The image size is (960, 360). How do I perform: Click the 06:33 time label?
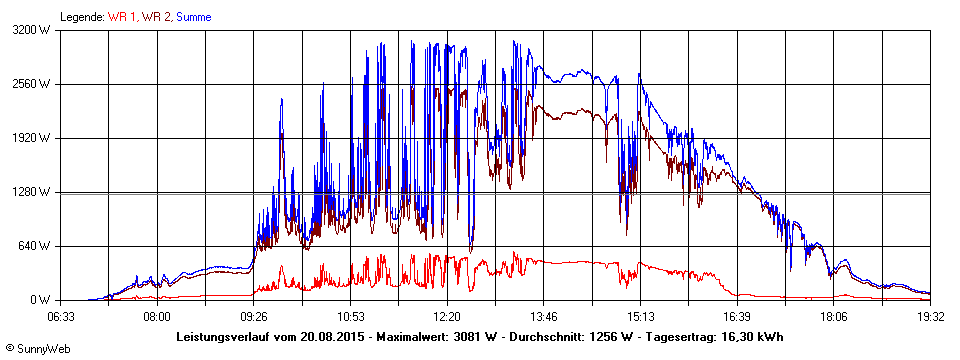coord(61,316)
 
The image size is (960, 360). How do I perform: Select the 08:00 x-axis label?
coord(157,316)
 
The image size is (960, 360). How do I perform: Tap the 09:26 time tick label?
coord(254,316)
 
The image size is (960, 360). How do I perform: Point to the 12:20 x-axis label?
coord(447,316)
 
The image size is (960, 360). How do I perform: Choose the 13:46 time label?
coord(544,316)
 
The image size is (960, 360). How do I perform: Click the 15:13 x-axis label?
coord(641,316)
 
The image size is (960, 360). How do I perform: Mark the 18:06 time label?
coord(834,316)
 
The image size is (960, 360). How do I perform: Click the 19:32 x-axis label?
coord(930,316)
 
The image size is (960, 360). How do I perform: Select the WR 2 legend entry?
coord(156,17)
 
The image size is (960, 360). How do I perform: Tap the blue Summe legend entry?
coord(194,17)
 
